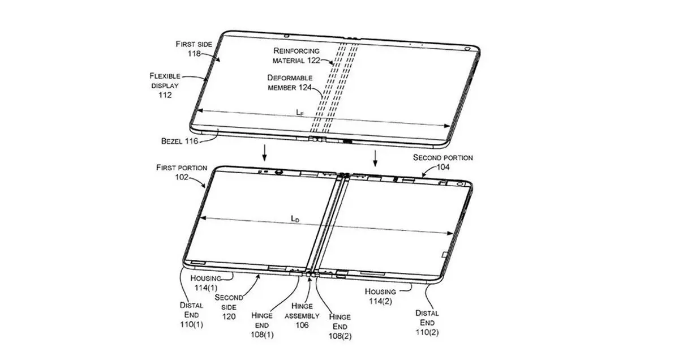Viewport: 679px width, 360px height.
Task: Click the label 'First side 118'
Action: coord(194,49)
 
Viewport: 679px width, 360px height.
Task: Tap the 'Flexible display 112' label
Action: coord(165,85)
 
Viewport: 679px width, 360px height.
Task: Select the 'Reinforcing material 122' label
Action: coord(296,55)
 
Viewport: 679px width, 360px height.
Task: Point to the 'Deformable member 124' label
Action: coord(290,83)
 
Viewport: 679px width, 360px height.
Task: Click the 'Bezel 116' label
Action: coord(179,141)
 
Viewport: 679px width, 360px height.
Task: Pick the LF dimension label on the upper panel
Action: coord(300,113)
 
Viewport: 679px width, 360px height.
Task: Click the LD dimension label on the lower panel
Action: coord(295,218)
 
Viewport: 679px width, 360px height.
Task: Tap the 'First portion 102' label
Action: coord(182,172)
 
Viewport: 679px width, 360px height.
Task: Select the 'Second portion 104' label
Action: coord(443,162)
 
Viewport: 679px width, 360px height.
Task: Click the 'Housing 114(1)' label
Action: coord(206,282)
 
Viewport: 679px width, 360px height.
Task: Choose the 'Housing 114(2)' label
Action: coord(380,296)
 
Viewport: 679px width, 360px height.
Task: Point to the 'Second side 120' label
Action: coord(229,307)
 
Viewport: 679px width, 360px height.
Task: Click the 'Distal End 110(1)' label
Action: coord(192,315)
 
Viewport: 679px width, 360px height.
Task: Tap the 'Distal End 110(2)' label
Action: coord(427,323)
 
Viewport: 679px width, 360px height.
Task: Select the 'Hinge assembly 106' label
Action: coord(302,315)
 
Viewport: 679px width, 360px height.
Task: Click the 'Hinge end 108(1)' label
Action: coord(262,325)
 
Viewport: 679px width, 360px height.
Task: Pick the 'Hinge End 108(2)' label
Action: coord(340,327)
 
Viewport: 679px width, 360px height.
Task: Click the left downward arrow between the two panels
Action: coord(265,153)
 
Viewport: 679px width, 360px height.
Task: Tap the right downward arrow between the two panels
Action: coord(375,158)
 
